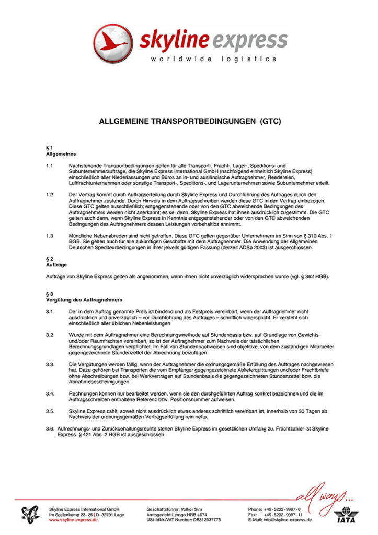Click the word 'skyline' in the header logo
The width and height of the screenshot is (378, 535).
pyautogui.click(x=173, y=39)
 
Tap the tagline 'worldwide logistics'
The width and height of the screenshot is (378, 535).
pyautogui.click(x=214, y=59)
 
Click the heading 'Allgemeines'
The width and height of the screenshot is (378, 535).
pyautogui.click(x=61, y=154)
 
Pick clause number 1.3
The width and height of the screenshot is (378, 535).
pyautogui.click(x=50, y=236)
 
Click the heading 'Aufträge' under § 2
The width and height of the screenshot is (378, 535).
pyautogui.click(x=56, y=265)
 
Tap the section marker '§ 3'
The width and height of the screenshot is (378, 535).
pyautogui.click(x=50, y=294)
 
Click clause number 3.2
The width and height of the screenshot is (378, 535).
pyautogui.click(x=50, y=334)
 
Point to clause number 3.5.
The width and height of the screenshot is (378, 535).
pyautogui.click(x=51, y=411)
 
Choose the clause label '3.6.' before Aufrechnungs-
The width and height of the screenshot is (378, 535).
pyautogui.click(x=52, y=428)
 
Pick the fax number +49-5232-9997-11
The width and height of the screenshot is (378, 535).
pyautogui.click(x=283, y=515)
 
